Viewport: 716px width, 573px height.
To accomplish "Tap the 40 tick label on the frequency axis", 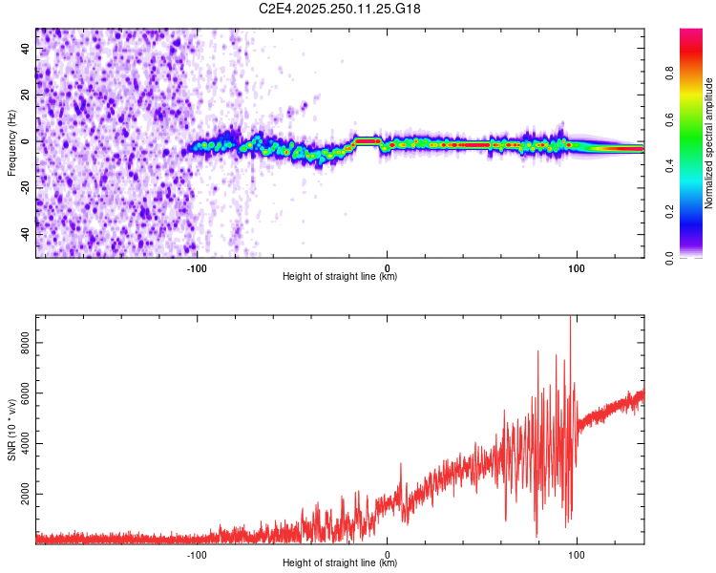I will tap(27, 49).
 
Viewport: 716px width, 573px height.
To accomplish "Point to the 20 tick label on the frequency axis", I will tap(27, 95).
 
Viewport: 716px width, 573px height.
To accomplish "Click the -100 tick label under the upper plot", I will tap(197, 268).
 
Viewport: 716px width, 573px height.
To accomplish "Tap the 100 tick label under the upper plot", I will tap(577, 268).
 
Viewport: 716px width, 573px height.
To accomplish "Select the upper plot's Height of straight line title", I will tap(340, 277).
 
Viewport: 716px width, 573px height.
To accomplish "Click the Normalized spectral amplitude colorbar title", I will tap(709, 143).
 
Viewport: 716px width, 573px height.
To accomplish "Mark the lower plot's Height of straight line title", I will tap(340, 563).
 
